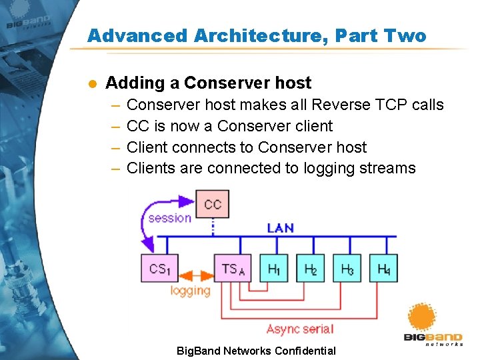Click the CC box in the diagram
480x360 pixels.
point(213,203)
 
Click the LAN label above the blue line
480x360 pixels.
point(280,227)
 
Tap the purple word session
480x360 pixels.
point(169,217)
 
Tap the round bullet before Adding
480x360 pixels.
point(93,83)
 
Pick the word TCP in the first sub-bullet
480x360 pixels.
point(377,105)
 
